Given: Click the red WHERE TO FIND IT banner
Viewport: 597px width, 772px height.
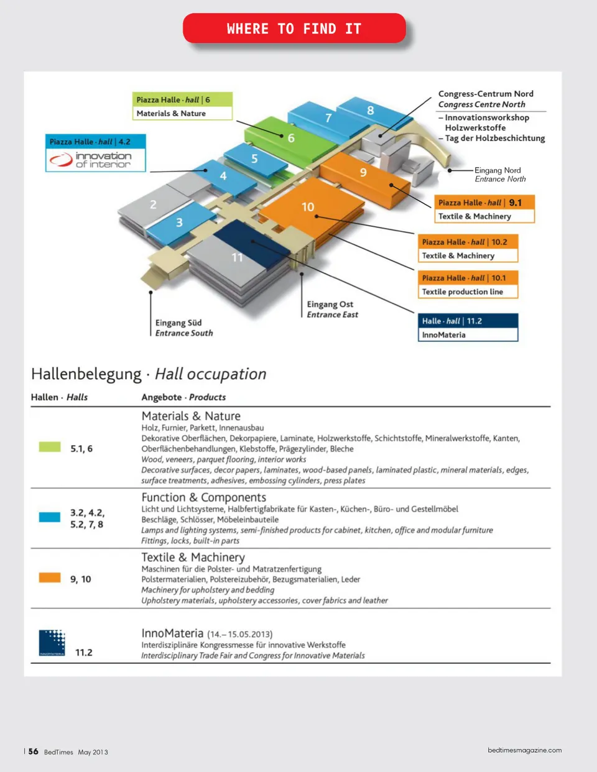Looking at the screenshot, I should (x=294, y=29).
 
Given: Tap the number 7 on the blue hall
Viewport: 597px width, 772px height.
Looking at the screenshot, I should (x=328, y=117).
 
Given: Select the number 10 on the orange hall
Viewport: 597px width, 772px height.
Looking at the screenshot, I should (x=308, y=207).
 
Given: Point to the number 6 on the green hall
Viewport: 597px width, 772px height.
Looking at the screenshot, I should (x=290, y=138).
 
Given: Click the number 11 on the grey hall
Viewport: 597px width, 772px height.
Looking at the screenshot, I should (x=237, y=257).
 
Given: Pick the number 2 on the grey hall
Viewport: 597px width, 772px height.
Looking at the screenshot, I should (x=153, y=204).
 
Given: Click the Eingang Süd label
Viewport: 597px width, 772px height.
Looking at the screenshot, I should (x=178, y=323).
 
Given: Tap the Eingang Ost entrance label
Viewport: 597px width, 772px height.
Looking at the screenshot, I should (x=330, y=305).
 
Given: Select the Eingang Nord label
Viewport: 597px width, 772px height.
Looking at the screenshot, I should (x=497, y=170).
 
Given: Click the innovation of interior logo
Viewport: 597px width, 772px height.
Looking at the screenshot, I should (x=96, y=160).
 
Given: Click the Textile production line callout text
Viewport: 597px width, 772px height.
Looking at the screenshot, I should (x=463, y=292).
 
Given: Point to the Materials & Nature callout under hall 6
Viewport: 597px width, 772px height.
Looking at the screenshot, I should (x=172, y=114).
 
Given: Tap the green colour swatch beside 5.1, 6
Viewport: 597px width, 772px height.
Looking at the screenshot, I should (x=50, y=447).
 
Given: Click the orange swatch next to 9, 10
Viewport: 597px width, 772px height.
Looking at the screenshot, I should (x=50, y=577).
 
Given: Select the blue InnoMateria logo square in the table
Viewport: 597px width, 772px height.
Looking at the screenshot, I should (x=52, y=642).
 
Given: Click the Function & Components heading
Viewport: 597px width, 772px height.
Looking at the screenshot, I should (x=203, y=497).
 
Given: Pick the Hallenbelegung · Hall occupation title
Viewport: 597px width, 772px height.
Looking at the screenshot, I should (x=149, y=374).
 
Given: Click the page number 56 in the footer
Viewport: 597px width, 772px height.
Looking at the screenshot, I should (x=33, y=751).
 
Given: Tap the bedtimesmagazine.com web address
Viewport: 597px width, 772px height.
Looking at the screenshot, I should (x=524, y=750).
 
